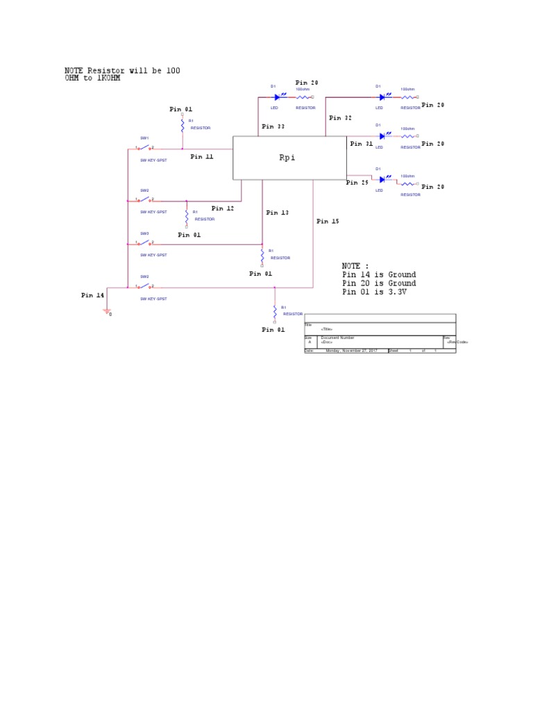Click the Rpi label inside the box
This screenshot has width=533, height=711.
tap(287, 158)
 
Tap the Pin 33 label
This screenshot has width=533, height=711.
tap(272, 127)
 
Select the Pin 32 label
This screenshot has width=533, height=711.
tap(340, 118)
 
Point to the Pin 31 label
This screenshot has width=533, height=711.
tap(361, 144)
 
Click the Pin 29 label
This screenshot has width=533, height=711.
tap(357, 183)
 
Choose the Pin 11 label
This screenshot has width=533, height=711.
tap(202, 157)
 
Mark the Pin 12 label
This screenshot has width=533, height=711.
tap(223, 208)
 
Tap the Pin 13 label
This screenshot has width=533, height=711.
tap(278, 212)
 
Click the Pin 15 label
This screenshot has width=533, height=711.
tap(328, 221)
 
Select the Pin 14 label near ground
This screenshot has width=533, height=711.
tap(92, 295)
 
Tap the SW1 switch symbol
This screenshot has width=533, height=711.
tap(145, 148)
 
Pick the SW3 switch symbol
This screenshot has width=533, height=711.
tap(145, 244)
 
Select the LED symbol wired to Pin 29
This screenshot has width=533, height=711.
tap(382, 180)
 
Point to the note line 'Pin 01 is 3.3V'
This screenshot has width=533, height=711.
tap(379, 292)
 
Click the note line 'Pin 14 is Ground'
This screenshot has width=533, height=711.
tap(379, 275)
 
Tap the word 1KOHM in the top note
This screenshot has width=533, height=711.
tap(96, 78)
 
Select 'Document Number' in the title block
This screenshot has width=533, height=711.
tap(337, 337)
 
